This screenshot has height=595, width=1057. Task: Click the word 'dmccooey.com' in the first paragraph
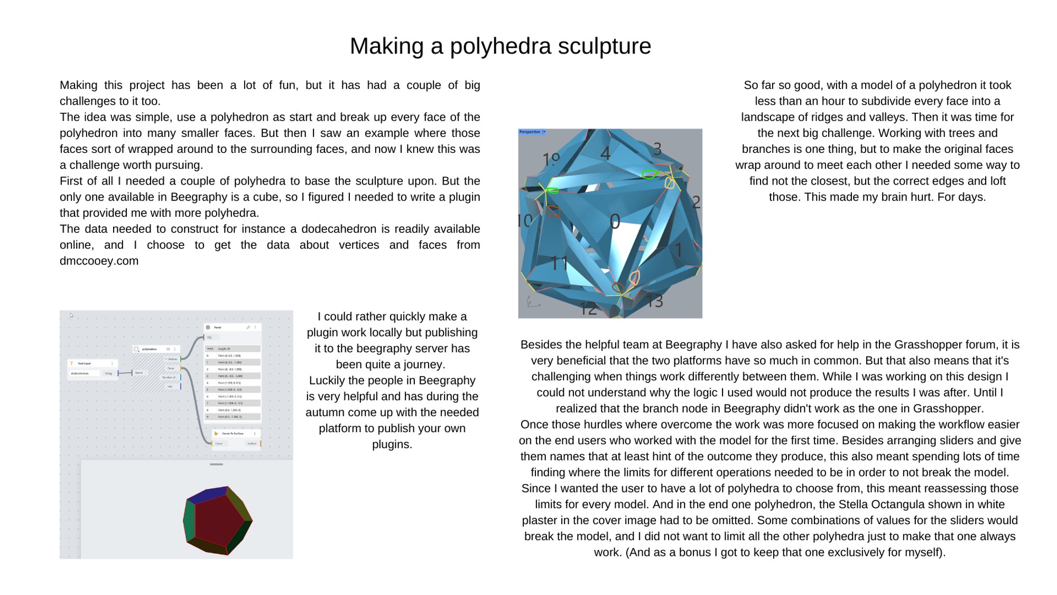[99, 261]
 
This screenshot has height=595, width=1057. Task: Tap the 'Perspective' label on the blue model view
[530, 132]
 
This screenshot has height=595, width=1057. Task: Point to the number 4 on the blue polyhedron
[606, 153]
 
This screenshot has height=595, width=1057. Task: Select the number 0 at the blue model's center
[615, 222]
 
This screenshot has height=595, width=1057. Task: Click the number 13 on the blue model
[655, 301]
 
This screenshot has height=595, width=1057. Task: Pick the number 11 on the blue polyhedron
[559, 263]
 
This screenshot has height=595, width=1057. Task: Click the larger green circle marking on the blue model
[650, 174]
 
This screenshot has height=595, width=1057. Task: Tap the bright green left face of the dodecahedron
[189, 520]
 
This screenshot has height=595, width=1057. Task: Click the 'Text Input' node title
[84, 363]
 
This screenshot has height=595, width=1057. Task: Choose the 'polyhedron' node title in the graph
[150, 349]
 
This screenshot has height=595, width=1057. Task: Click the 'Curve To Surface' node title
[233, 433]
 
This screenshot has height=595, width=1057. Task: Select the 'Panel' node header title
[218, 327]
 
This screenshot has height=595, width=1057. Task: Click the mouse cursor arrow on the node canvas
[71, 315]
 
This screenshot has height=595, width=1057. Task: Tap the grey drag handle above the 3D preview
[216, 464]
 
